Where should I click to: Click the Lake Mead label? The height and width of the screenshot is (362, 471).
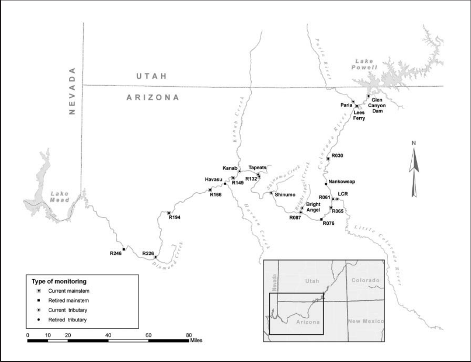pyautogui.click(x=60, y=197)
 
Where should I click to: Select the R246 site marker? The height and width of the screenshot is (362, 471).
pyautogui.click(x=124, y=249)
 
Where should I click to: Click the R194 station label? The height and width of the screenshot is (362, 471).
pyautogui.click(x=175, y=217)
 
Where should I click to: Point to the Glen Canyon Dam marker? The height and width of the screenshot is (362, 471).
pyautogui.click(x=368, y=96)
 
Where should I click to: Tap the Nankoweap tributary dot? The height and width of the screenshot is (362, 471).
pyautogui.click(x=326, y=184)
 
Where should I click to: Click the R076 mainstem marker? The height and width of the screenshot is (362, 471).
pyautogui.click(x=321, y=219)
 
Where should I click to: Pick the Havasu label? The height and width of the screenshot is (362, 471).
pyautogui.click(x=213, y=180)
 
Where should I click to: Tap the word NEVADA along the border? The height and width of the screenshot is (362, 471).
pyautogui.click(x=72, y=91)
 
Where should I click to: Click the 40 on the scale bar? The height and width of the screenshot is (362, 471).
pyautogui.click(x=108, y=336)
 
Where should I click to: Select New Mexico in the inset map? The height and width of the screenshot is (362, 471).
pyautogui.click(x=366, y=321)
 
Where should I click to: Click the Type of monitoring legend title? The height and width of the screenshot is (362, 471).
pyautogui.click(x=59, y=281)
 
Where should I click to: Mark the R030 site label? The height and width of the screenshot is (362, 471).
pyautogui.click(x=337, y=155)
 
